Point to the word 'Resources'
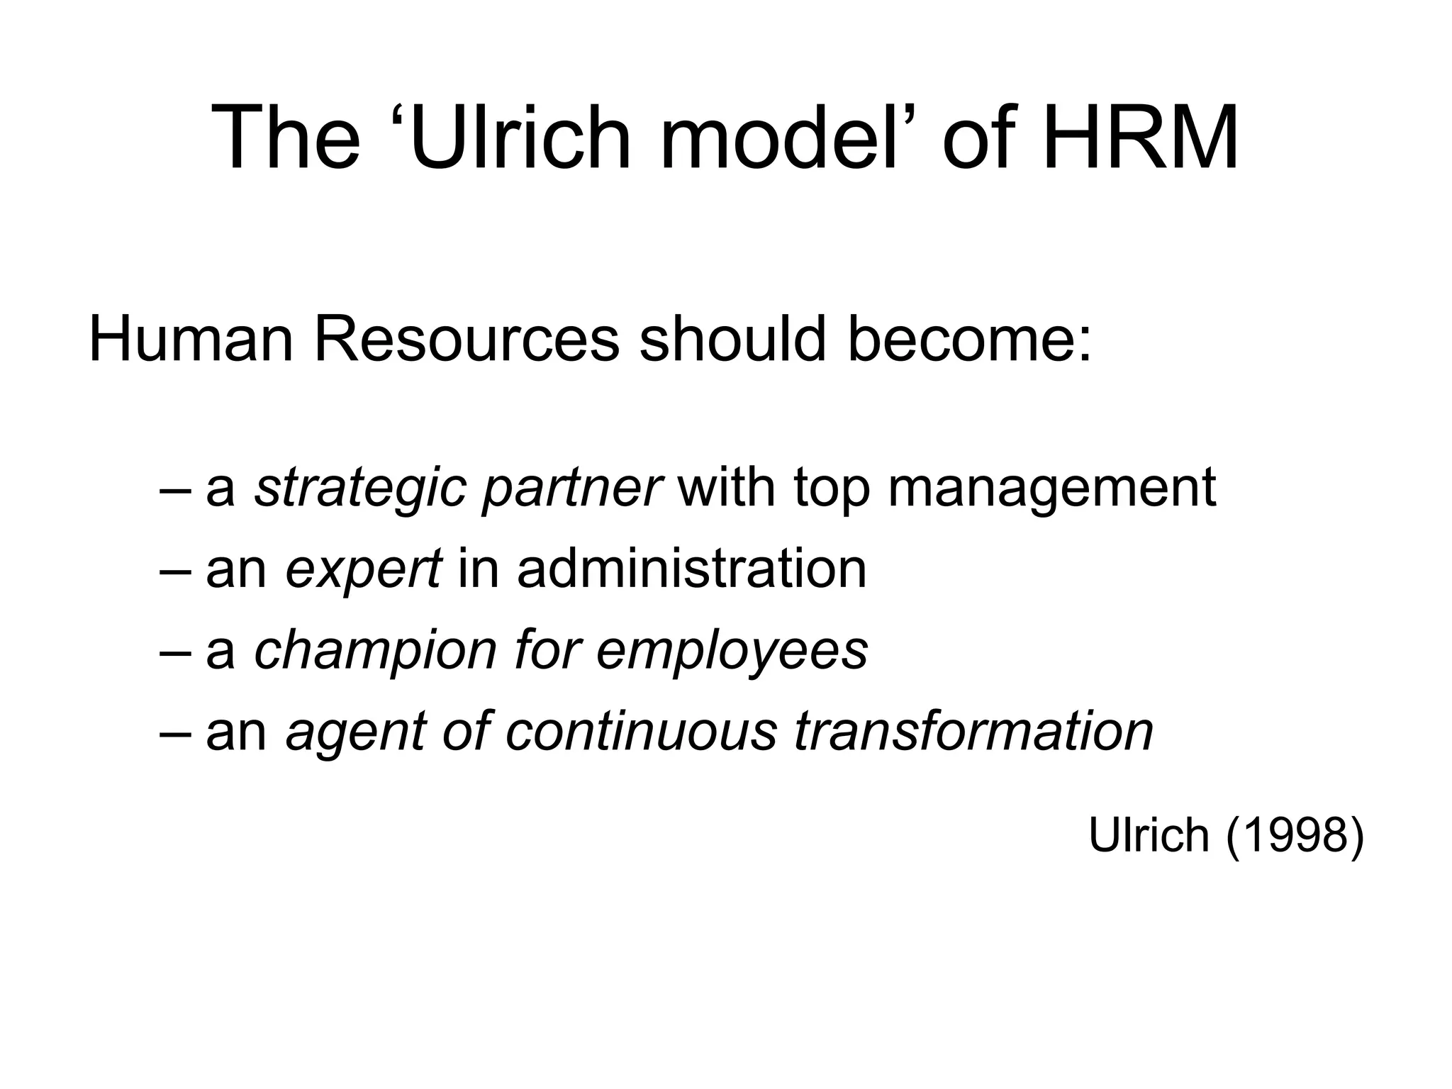click(466, 340)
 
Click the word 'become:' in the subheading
click(969, 340)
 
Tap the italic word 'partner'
click(571, 489)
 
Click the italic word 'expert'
click(364, 570)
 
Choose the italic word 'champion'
click(375, 651)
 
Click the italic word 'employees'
click(732, 651)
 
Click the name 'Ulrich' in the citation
click(1149, 835)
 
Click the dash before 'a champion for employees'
click(174, 650)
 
